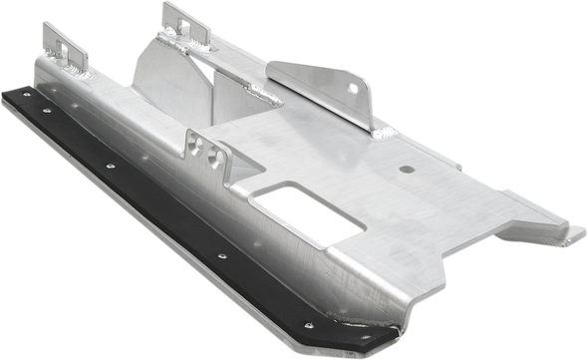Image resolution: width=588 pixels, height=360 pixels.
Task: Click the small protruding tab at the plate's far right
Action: point(572,235)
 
